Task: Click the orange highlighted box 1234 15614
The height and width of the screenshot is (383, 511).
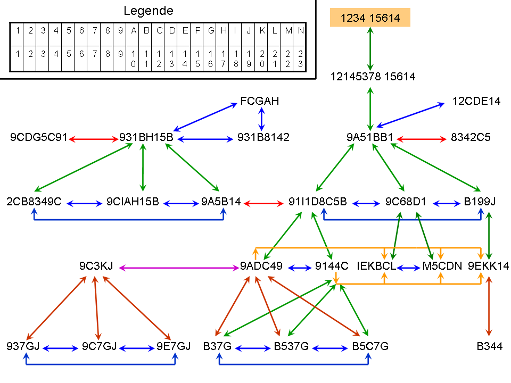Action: (x=370, y=18)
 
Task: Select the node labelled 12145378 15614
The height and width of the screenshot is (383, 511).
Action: (x=373, y=77)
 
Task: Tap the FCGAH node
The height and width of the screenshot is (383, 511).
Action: (x=260, y=101)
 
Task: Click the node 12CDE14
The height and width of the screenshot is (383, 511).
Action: (x=476, y=101)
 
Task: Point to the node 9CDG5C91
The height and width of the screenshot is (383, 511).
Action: (x=39, y=138)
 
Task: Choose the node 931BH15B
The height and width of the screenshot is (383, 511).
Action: (x=146, y=138)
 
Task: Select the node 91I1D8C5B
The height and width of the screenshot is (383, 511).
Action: (x=318, y=202)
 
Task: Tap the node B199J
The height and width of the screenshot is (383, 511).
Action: (x=480, y=202)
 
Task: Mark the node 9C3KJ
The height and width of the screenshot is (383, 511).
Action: (x=96, y=267)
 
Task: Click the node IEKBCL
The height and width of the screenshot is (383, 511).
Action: (x=376, y=267)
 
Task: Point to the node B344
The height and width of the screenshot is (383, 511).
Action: (x=490, y=346)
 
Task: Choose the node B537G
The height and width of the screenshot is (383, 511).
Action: (x=291, y=346)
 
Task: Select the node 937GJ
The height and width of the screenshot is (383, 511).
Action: (x=23, y=346)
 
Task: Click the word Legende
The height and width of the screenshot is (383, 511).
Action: (x=149, y=11)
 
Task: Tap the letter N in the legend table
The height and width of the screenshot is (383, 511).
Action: (x=301, y=31)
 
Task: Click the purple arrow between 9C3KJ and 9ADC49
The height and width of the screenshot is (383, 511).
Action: (x=179, y=268)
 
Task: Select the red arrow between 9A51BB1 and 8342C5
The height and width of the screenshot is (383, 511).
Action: (x=422, y=139)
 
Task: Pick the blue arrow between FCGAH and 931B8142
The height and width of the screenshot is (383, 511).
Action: (x=261, y=119)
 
